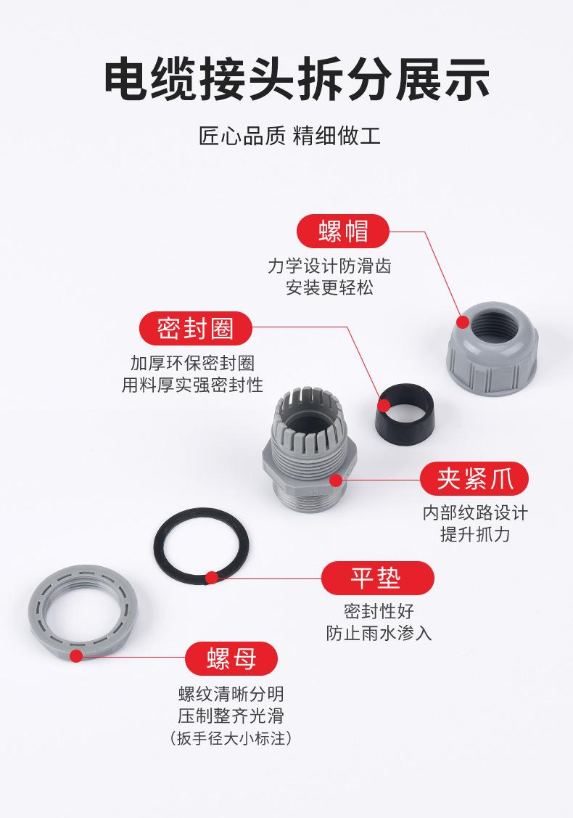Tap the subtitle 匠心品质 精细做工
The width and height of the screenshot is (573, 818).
(286, 136)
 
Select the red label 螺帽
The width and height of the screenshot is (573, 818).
(344, 231)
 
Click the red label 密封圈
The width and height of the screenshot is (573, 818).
(196, 329)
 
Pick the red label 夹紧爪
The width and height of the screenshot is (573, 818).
(474, 480)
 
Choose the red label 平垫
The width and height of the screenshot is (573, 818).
(377, 578)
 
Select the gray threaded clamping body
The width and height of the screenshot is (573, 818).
(308, 457)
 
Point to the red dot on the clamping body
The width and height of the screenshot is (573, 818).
(336, 480)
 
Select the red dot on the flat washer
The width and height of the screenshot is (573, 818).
(211, 578)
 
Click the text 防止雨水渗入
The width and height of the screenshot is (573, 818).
(379, 633)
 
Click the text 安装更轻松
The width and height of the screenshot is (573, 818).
(330, 287)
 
